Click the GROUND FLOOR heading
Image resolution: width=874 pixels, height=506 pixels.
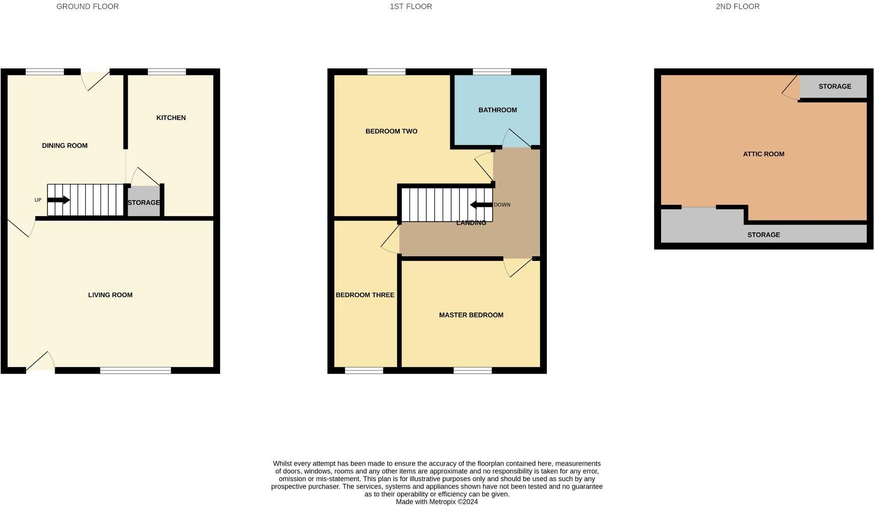(87, 7)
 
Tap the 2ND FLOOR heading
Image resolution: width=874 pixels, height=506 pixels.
(737, 7)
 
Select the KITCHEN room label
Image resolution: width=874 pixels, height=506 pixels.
(171, 118)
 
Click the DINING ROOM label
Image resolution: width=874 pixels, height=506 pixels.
(64, 146)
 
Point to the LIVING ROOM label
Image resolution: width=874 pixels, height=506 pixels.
(110, 295)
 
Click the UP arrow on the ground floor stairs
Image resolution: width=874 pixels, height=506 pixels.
(58, 200)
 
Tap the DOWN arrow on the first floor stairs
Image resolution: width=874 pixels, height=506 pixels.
(481, 205)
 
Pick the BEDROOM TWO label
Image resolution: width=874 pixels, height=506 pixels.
(391, 132)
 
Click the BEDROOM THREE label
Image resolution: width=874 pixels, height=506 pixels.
(365, 295)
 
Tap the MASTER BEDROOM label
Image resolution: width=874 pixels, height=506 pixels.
(471, 315)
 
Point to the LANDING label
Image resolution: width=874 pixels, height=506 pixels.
(471, 223)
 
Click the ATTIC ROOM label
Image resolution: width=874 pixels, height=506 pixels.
(763, 154)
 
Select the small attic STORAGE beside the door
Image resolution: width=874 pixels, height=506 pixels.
(834, 87)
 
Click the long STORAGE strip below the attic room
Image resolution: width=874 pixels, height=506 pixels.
(763, 235)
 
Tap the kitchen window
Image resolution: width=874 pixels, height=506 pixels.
(166, 72)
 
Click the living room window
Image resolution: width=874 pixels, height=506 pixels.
(135, 370)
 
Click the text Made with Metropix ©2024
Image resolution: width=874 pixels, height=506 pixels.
(436, 502)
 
